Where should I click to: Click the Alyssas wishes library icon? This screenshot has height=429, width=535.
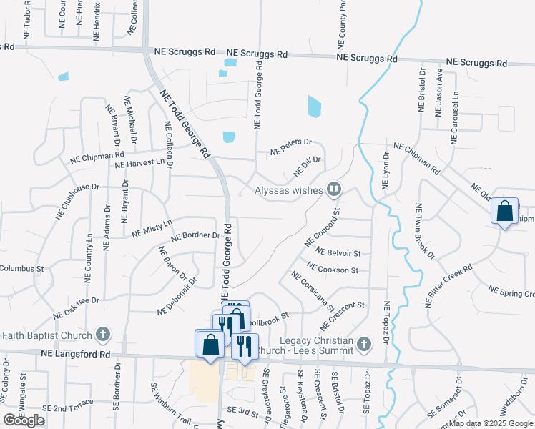tap(333, 189)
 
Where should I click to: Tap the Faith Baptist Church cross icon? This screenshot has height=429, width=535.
tap(103, 335)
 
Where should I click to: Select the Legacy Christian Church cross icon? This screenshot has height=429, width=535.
tap(364, 345)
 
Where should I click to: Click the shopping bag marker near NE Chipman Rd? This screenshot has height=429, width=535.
tap(504, 212)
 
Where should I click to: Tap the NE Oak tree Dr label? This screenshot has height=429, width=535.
tap(75, 309)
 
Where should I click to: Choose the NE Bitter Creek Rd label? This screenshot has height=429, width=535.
tap(448, 286)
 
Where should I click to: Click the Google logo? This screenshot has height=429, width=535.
tap(24, 420)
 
